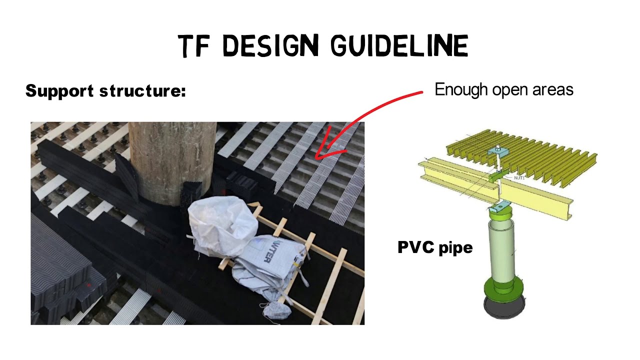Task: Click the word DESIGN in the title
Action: pyautogui.click(x=270, y=45)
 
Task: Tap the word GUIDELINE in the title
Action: pyautogui.click(x=399, y=45)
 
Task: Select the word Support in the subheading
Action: pyautogui.click(x=59, y=91)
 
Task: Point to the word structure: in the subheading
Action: pyautogui.click(x=143, y=91)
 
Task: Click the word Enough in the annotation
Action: pyautogui.click(x=461, y=90)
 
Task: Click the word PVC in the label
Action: pyautogui.click(x=416, y=247)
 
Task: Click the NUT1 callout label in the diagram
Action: pyautogui.click(x=519, y=177)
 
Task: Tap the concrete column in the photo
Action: pyautogui.click(x=172, y=163)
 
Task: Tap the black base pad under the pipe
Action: pyautogui.click(x=504, y=307)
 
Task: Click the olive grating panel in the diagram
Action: pyautogui.click(x=522, y=157)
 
